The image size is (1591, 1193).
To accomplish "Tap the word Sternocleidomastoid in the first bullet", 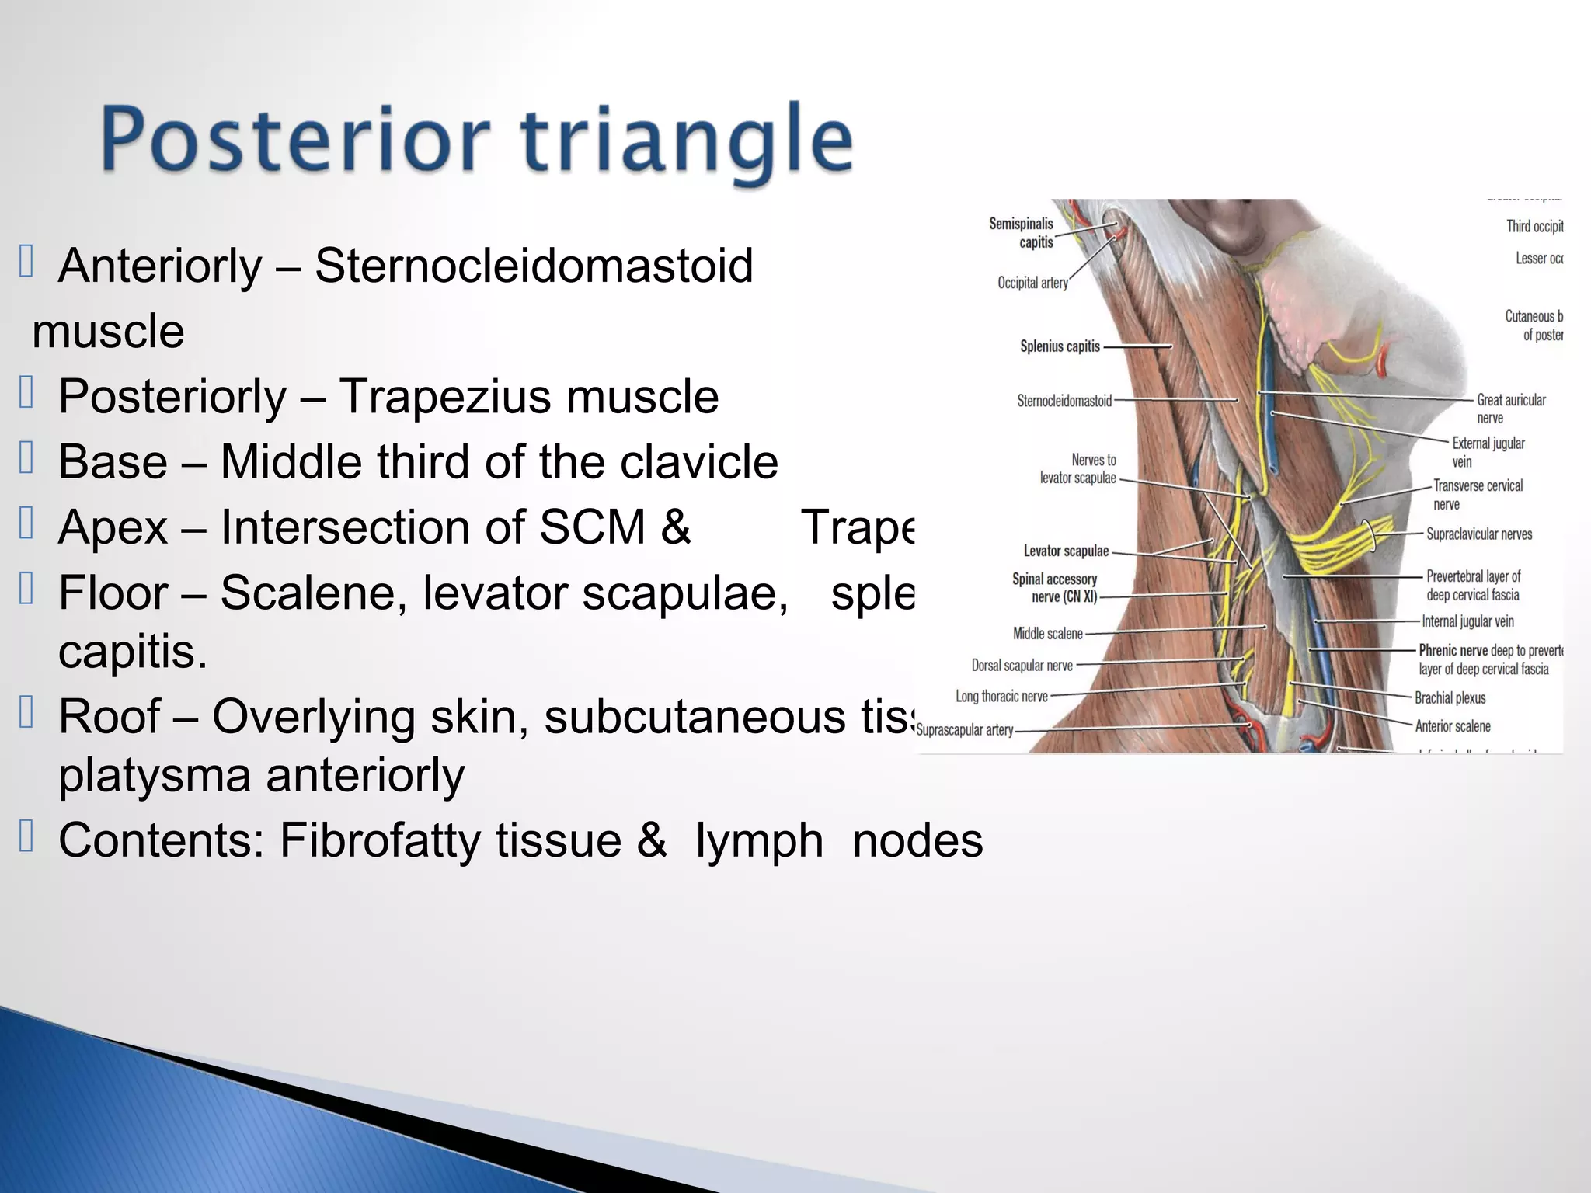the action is tap(534, 266).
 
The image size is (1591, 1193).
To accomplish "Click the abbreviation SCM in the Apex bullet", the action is tap(593, 527).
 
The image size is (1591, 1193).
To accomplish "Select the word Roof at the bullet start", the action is tap(110, 716).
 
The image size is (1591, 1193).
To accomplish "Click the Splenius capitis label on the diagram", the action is tap(1060, 346).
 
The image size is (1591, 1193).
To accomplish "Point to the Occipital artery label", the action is tap(1032, 283).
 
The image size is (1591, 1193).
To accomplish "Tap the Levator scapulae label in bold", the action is tap(1066, 551).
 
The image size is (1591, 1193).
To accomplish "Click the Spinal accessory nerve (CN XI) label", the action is tap(1055, 588).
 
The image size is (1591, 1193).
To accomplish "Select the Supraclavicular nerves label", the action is tap(1479, 534).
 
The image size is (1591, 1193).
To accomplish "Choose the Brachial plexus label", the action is tap(1450, 698).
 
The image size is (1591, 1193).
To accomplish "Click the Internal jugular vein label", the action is tap(1467, 621).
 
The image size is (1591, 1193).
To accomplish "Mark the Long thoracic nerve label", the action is tap(1001, 697).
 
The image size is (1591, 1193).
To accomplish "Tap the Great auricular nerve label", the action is tap(1510, 409).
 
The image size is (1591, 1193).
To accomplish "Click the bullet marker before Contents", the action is tap(26, 837).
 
